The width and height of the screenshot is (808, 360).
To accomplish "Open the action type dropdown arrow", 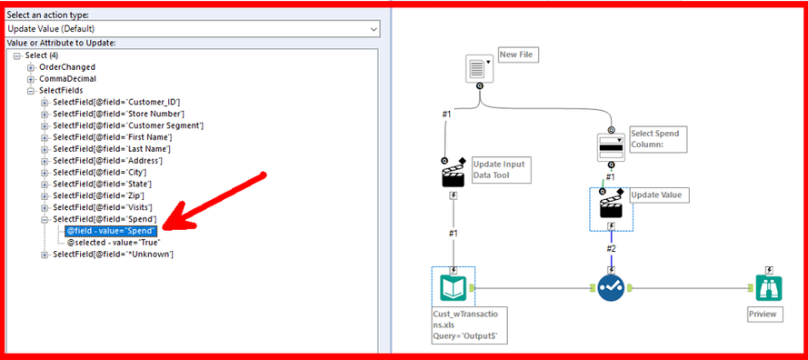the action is pos(374,29).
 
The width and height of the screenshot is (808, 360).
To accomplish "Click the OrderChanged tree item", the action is pos(67,67).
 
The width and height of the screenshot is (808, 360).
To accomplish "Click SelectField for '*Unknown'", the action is pos(113,255).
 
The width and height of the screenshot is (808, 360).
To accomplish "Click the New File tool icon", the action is pos(479,66).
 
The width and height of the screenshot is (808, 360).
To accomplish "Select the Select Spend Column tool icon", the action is pos(611,146).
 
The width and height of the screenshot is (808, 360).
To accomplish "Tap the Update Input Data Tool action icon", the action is pos(454,174).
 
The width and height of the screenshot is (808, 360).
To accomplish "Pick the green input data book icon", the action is pos(454,288).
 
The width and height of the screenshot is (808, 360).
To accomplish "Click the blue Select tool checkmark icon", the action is pos(612,288).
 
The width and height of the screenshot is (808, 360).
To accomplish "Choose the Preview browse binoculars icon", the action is pos(770,288).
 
